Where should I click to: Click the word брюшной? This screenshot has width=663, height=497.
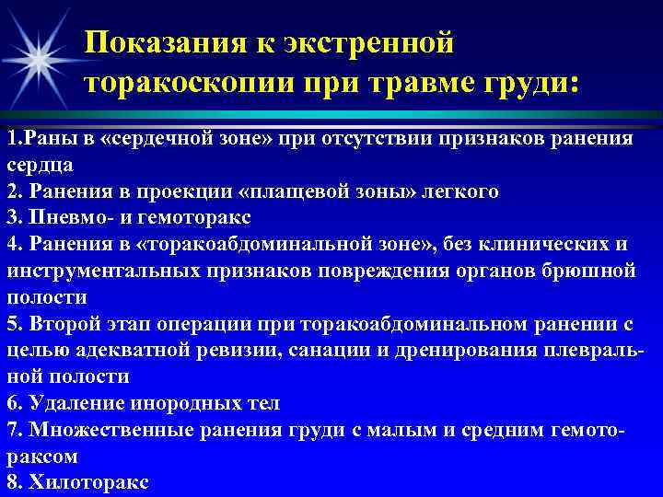pyautogui.click(x=595, y=272)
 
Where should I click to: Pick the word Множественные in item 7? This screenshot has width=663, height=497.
pyautogui.click(x=104, y=430)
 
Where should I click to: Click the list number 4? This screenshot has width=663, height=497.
pyautogui.click(x=12, y=245)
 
